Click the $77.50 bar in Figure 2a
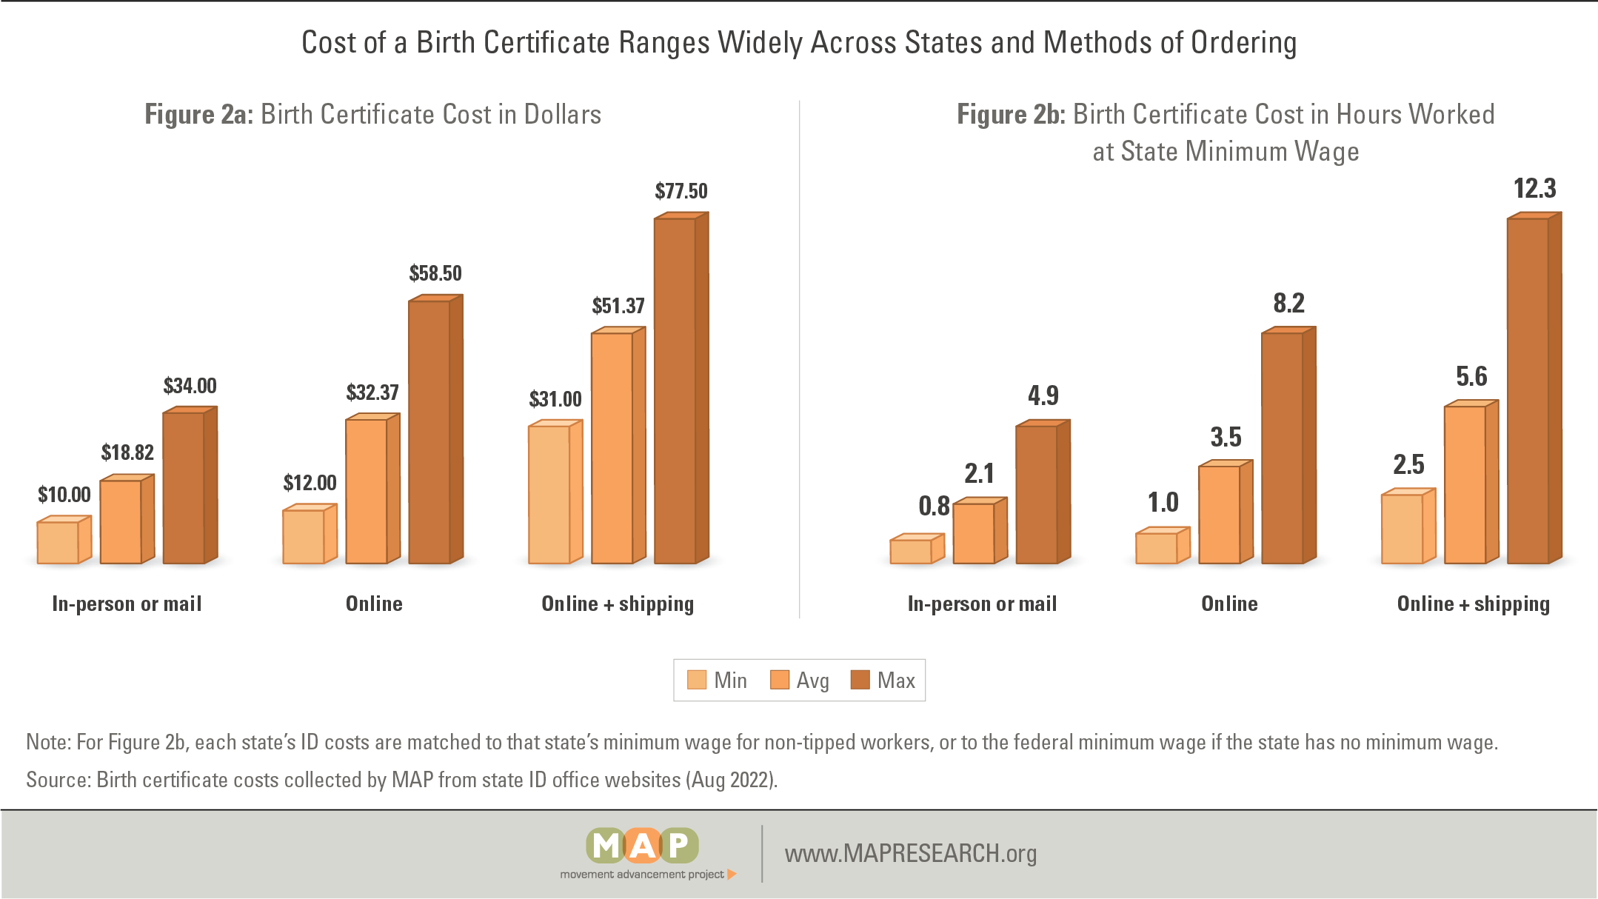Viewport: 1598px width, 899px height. pyautogui.click(x=675, y=391)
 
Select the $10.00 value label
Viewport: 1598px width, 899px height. pyautogui.click(x=64, y=495)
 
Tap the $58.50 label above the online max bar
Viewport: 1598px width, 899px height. pyautogui.click(x=435, y=273)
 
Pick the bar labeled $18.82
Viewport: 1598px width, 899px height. pyautogui.click(x=121, y=521)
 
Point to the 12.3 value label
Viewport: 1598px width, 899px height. pyautogui.click(x=1534, y=189)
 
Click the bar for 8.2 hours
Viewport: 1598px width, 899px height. pyautogui.click(x=1283, y=448)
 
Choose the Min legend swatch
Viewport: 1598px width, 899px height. pyautogui.click(x=697, y=680)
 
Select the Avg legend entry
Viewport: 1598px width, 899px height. pyautogui.click(x=800, y=680)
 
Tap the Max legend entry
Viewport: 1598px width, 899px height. pyautogui.click(x=883, y=680)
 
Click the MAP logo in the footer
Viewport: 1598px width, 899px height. pyautogui.click(x=643, y=852)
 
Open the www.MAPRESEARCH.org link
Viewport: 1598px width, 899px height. pyautogui.click(x=911, y=854)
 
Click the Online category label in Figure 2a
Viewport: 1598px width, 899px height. pyautogui.click(x=374, y=604)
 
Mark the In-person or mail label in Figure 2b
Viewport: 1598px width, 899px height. pyautogui.click(x=982, y=604)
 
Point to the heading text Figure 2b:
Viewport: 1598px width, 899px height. pyautogui.click(x=1011, y=115)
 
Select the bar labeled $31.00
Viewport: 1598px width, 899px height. pyautogui.click(x=550, y=494)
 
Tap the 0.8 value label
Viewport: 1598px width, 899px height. pyautogui.click(x=934, y=506)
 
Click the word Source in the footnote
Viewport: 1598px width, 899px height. pyautogui.click(x=58, y=780)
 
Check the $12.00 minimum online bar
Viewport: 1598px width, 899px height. pyautogui.click(x=304, y=536)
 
